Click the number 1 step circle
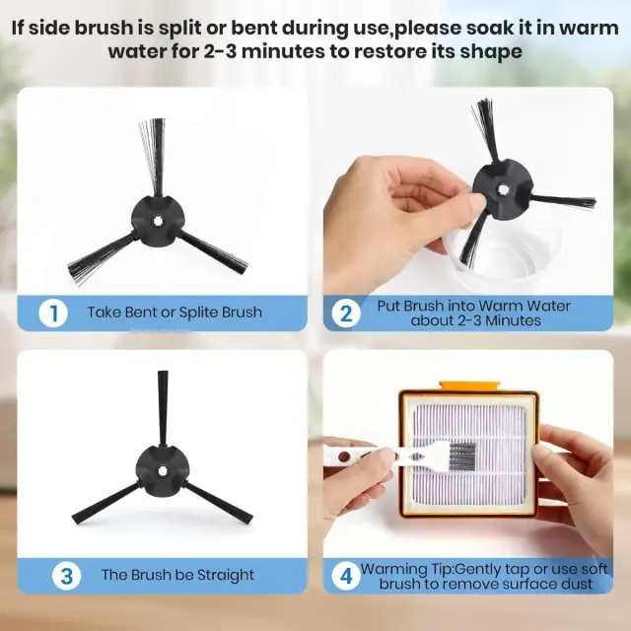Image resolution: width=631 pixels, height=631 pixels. point(53,314)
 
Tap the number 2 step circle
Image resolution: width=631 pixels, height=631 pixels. point(346,314)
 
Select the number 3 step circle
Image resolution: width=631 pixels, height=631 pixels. point(66,576)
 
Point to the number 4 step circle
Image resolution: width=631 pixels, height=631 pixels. point(346,576)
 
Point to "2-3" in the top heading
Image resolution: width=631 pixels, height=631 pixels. point(220,51)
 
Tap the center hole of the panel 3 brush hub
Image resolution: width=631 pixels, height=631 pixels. point(162,471)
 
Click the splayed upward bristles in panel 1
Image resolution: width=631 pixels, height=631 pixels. point(153,155)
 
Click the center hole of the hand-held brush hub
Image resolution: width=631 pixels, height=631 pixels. point(502,188)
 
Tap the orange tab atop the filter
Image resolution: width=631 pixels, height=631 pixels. point(470,386)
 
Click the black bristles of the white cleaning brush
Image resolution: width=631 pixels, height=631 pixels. point(462,456)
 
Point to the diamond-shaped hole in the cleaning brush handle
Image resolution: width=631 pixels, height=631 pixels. point(416,456)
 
